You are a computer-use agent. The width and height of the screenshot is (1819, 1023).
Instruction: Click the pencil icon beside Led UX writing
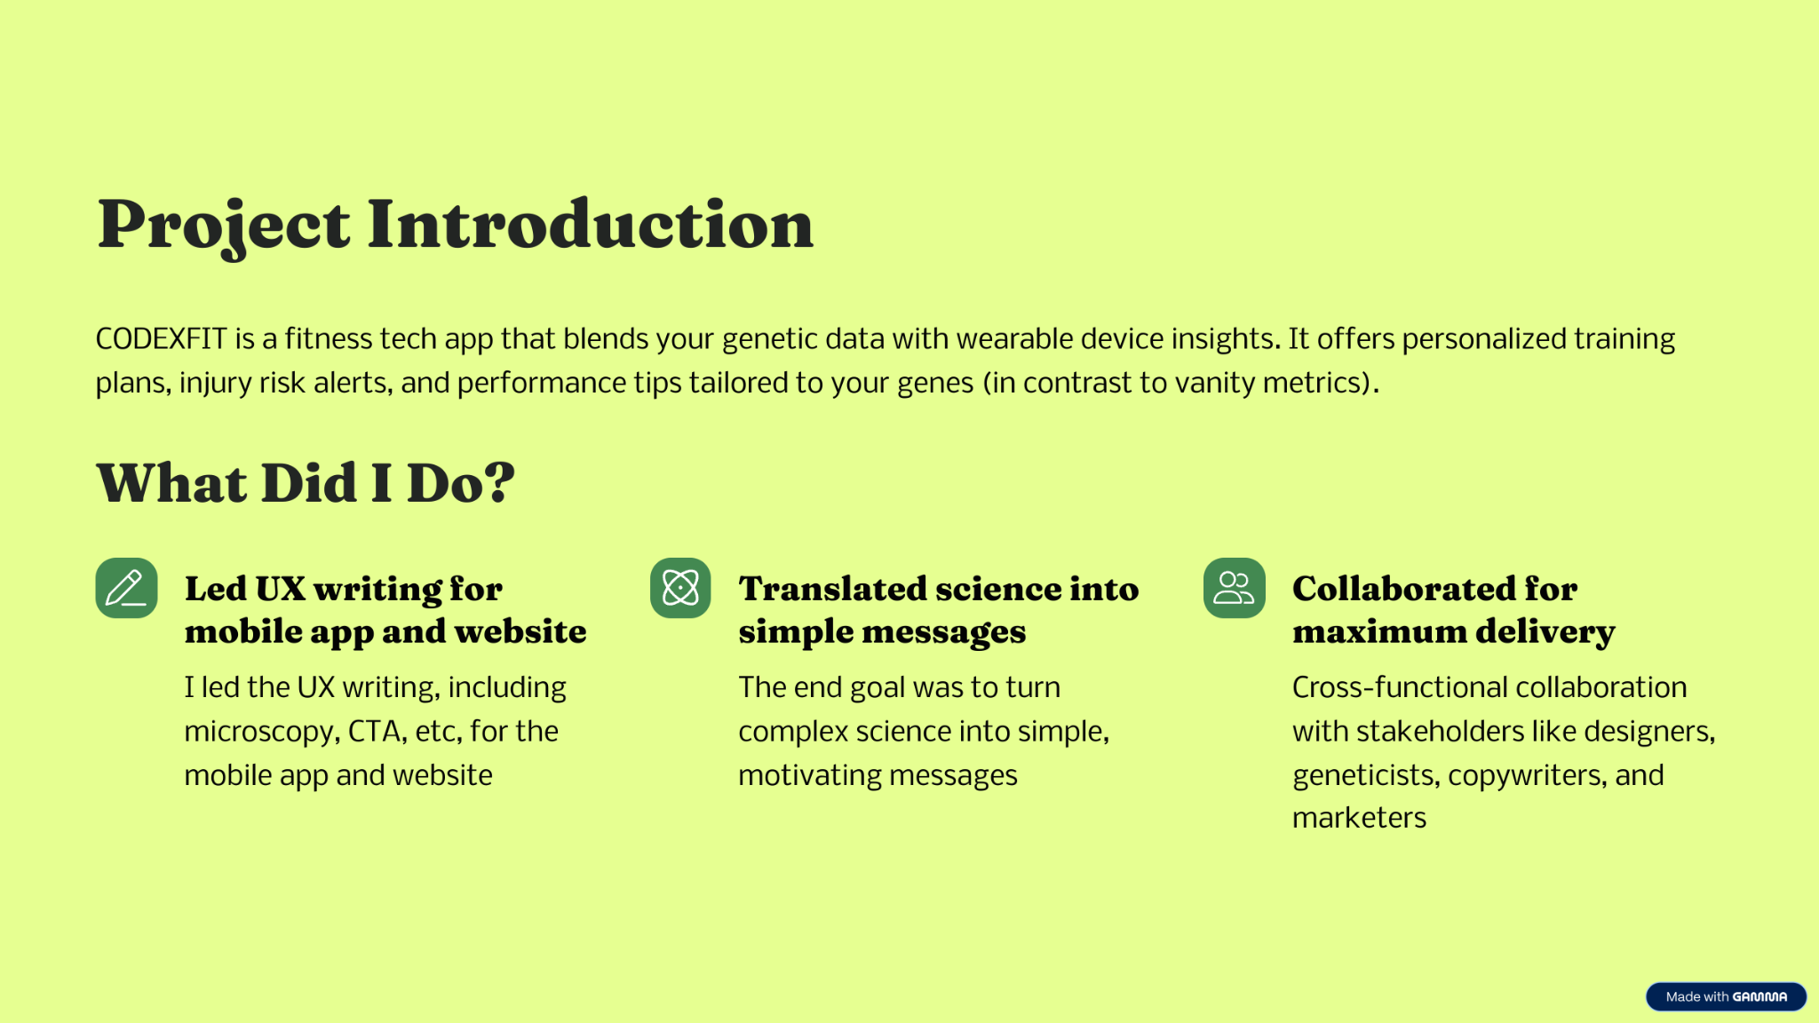126,588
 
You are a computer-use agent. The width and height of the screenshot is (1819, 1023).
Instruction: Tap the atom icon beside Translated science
680,588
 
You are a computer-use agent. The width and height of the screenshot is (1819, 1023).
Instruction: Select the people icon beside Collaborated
1235,588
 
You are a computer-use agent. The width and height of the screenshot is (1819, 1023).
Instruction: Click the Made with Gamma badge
1726,996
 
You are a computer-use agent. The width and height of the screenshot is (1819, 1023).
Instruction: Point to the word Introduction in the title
591,224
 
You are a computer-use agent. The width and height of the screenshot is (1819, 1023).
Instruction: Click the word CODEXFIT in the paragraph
162,339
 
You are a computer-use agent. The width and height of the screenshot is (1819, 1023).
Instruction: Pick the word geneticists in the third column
1364,775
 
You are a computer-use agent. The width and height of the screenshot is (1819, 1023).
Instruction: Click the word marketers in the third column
1359,818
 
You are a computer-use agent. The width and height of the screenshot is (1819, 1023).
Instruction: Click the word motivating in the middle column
809,776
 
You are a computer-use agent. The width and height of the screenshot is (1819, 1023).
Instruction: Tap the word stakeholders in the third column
1440,731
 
